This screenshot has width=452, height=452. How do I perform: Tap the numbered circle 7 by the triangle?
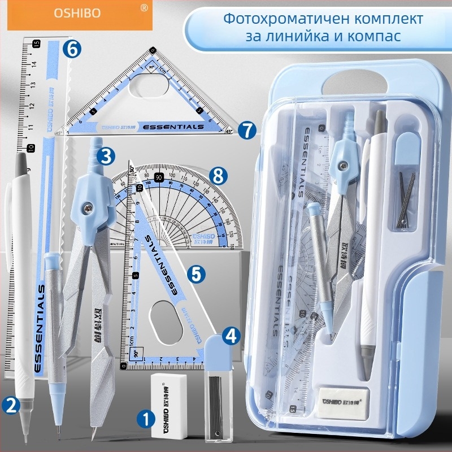(x=245, y=130)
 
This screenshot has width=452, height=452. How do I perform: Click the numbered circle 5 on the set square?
(x=195, y=274)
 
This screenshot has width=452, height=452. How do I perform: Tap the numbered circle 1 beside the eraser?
(x=146, y=419)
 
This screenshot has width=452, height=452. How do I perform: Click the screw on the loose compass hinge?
(x=87, y=208)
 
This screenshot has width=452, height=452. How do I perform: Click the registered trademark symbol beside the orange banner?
(x=144, y=8)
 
